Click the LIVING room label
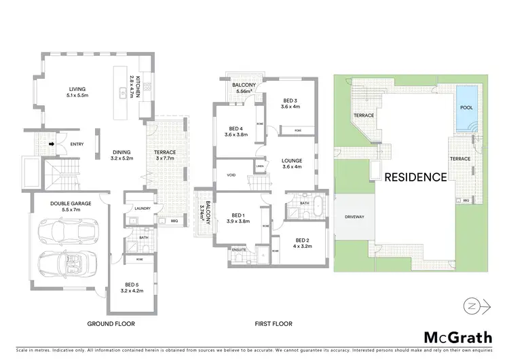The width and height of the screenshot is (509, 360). [x=79, y=89]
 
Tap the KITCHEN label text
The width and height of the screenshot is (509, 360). [x=136, y=87]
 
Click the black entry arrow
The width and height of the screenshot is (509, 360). [x=51, y=143]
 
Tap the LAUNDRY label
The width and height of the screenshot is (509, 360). [x=143, y=209]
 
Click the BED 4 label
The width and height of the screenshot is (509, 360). [x=235, y=128]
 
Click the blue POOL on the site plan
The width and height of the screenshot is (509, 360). [x=467, y=108]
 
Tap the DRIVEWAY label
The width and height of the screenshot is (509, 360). [x=354, y=217]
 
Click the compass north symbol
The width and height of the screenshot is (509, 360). [x=471, y=306]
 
